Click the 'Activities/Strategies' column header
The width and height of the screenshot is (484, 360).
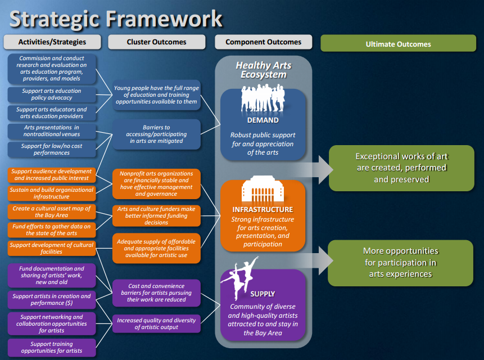pos(52,42)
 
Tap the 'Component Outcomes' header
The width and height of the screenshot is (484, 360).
pos(263,42)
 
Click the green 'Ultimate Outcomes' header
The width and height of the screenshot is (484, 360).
pos(398,44)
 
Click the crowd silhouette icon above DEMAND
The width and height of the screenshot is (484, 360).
pos(263,100)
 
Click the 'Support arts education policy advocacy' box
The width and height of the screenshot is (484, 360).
pos(52,94)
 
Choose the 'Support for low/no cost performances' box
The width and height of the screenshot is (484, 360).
pos(52,149)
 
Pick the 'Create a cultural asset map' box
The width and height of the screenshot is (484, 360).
pos(52,211)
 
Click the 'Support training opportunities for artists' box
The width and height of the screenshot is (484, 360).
pos(52,346)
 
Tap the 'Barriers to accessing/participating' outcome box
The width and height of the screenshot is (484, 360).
pos(156,134)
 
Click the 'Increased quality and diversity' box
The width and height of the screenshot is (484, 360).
pos(156,324)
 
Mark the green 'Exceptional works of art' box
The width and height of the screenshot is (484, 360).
pos(401,168)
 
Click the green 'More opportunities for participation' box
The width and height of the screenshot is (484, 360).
pos(400,262)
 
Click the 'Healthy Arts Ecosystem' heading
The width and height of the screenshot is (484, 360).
pos(264,70)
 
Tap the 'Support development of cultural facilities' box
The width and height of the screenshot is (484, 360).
pos(52,248)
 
